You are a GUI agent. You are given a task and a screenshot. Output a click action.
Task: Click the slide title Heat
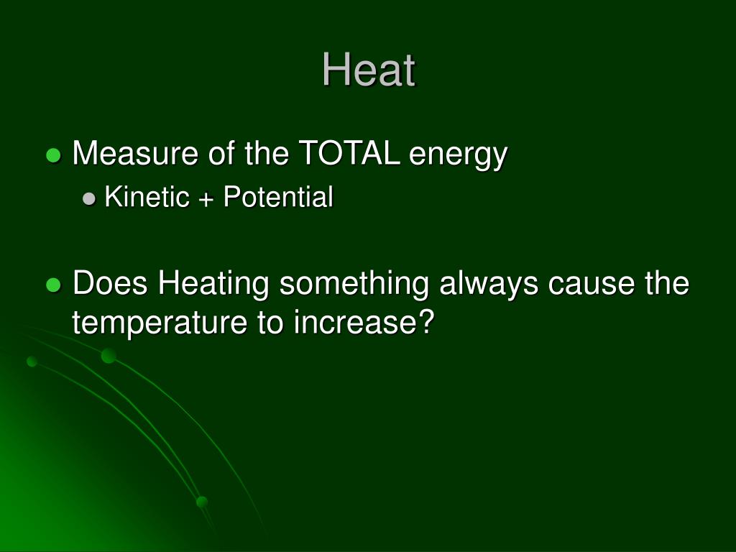(368, 70)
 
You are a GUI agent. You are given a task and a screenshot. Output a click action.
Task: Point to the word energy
(459, 155)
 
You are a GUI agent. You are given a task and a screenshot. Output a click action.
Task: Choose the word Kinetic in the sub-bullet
(146, 197)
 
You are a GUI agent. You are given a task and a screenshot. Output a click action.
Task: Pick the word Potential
(278, 197)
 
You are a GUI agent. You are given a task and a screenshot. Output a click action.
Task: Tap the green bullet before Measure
(52, 155)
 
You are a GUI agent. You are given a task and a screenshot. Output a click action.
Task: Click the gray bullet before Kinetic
(90, 199)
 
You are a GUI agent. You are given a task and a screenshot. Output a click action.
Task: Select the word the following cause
(666, 284)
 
